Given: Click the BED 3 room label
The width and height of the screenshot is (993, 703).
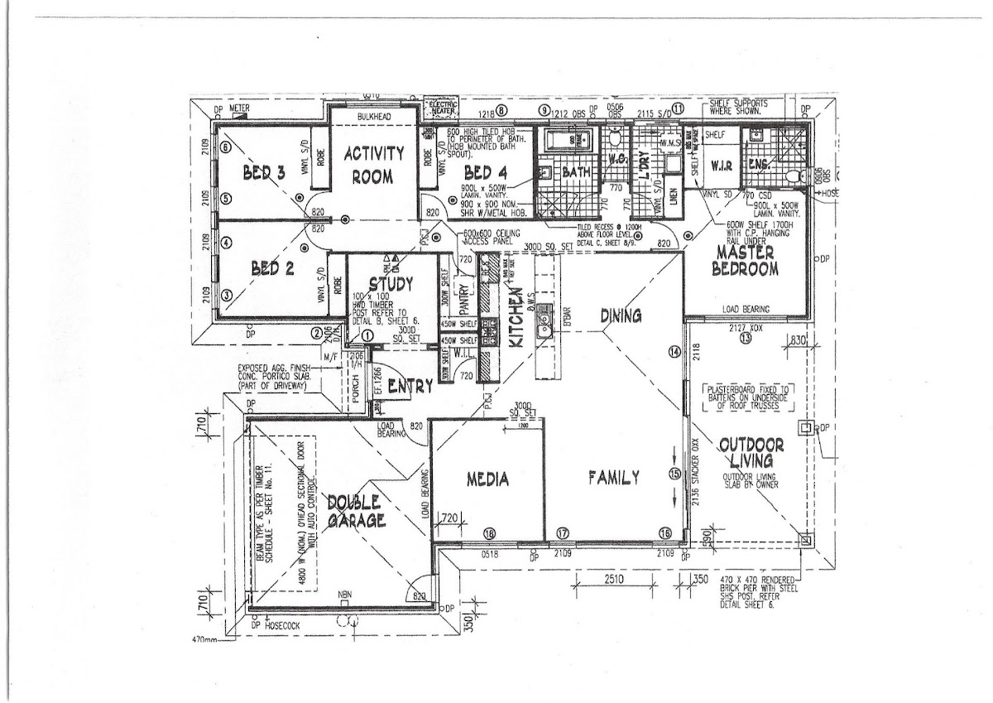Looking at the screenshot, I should [x=264, y=173].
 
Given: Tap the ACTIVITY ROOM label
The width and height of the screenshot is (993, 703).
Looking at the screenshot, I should [x=373, y=165].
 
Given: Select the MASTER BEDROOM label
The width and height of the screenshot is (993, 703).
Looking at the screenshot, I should [x=747, y=261].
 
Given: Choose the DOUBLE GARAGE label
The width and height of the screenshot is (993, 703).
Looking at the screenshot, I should [x=353, y=511].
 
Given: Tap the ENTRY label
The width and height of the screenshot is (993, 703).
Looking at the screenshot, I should [x=410, y=387].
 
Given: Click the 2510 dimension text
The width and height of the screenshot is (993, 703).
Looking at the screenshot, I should [x=613, y=578].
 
